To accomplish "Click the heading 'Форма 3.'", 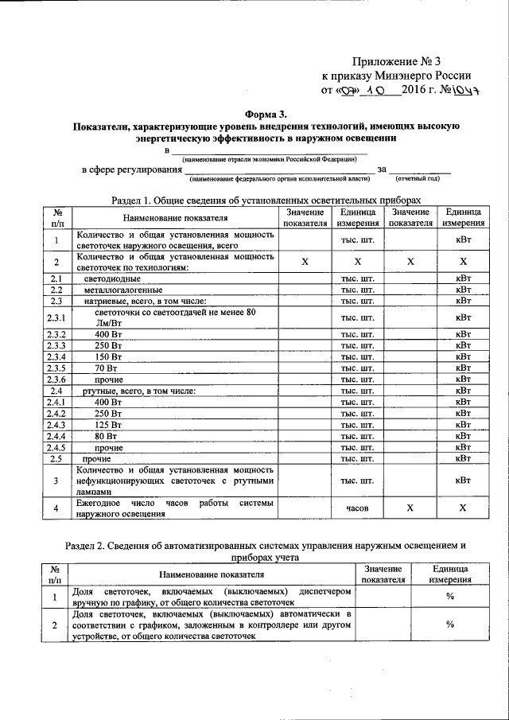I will (254, 113).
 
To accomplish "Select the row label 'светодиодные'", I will (109, 279).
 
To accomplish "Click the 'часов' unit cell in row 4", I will (358, 508).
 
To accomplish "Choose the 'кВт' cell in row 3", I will (463, 481).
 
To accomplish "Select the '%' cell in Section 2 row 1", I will (449, 597).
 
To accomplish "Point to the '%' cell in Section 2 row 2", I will (449, 625).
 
